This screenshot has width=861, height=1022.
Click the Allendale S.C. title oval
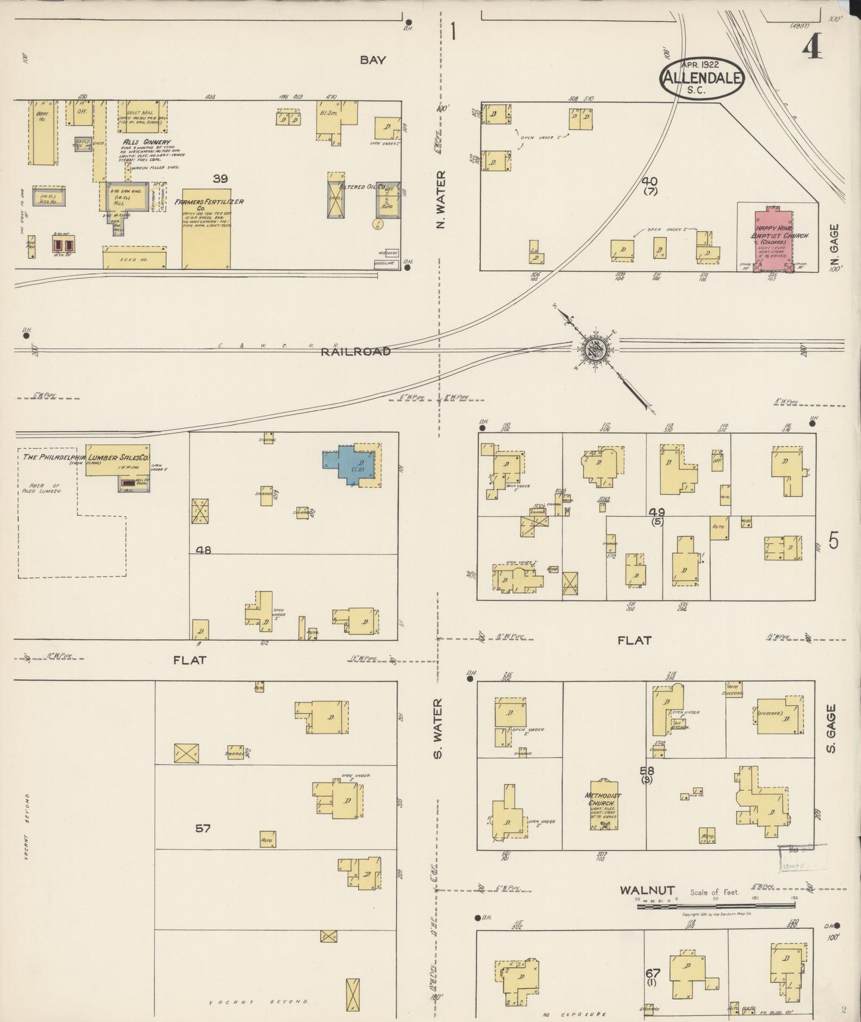click(701, 76)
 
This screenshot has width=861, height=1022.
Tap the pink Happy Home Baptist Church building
click(773, 237)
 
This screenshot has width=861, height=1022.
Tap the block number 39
click(220, 178)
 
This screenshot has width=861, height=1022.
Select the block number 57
click(203, 828)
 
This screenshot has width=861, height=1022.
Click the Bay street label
click(372, 60)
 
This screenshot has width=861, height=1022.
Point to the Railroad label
click(356, 352)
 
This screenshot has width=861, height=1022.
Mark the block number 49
click(657, 512)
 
